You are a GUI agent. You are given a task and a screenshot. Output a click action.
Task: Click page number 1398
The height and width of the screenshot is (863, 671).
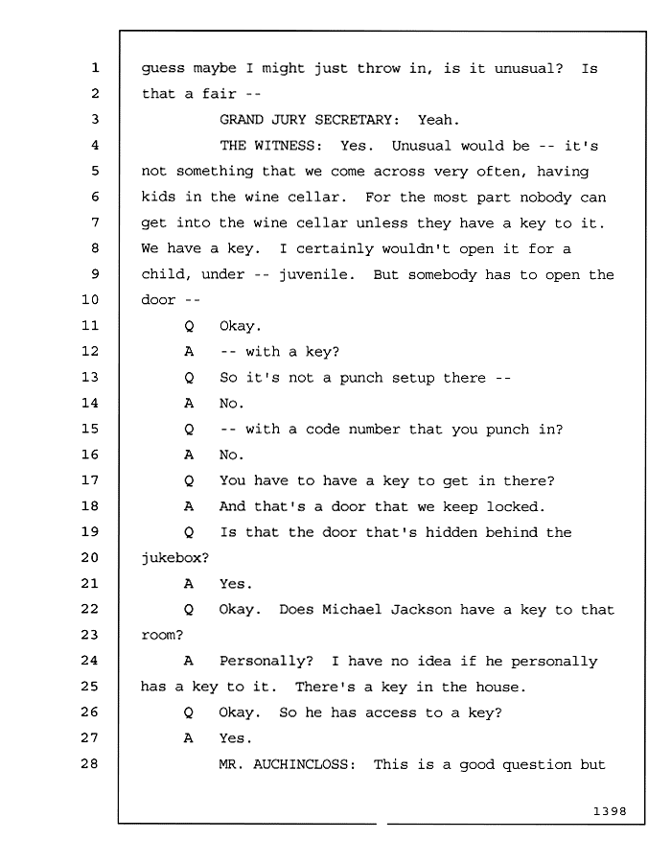[x=610, y=811]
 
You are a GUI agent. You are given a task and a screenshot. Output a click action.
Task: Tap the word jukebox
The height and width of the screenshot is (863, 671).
[x=175, y=558]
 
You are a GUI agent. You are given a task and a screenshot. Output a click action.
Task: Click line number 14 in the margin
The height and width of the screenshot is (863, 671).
[x=90, y=403]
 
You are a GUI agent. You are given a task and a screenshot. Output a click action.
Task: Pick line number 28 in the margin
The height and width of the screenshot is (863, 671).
[x=90, y=763]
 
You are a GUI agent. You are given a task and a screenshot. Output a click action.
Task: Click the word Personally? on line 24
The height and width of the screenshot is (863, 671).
[x=266, y=661]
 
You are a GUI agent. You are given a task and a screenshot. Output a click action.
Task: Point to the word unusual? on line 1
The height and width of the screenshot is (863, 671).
[x=528, y=68]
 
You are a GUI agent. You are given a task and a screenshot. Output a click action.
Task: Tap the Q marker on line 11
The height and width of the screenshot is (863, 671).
[x=189, y=326]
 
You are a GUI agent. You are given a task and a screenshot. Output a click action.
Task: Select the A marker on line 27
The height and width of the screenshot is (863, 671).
[x=189, y=738]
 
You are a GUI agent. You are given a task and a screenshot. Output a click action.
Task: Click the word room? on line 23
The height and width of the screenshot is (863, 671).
[x=162, y=635]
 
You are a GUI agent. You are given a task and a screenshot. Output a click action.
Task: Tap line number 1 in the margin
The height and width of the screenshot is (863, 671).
[x=95, y=67]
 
